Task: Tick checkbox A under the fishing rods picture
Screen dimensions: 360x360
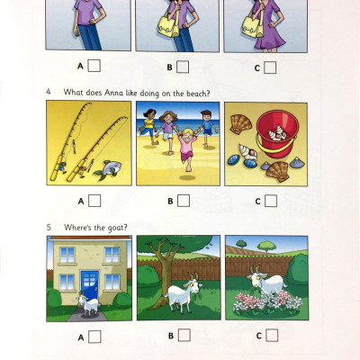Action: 94,200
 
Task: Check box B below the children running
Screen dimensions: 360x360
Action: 183,200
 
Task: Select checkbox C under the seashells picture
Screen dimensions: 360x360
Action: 271,200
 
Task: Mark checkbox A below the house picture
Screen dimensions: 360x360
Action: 94,336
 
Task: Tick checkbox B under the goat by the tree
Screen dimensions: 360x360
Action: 184,335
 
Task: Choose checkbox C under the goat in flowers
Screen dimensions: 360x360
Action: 272,335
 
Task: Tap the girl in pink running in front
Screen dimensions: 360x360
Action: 186,155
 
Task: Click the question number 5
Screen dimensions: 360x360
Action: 49,227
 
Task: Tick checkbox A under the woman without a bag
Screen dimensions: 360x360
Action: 94,65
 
